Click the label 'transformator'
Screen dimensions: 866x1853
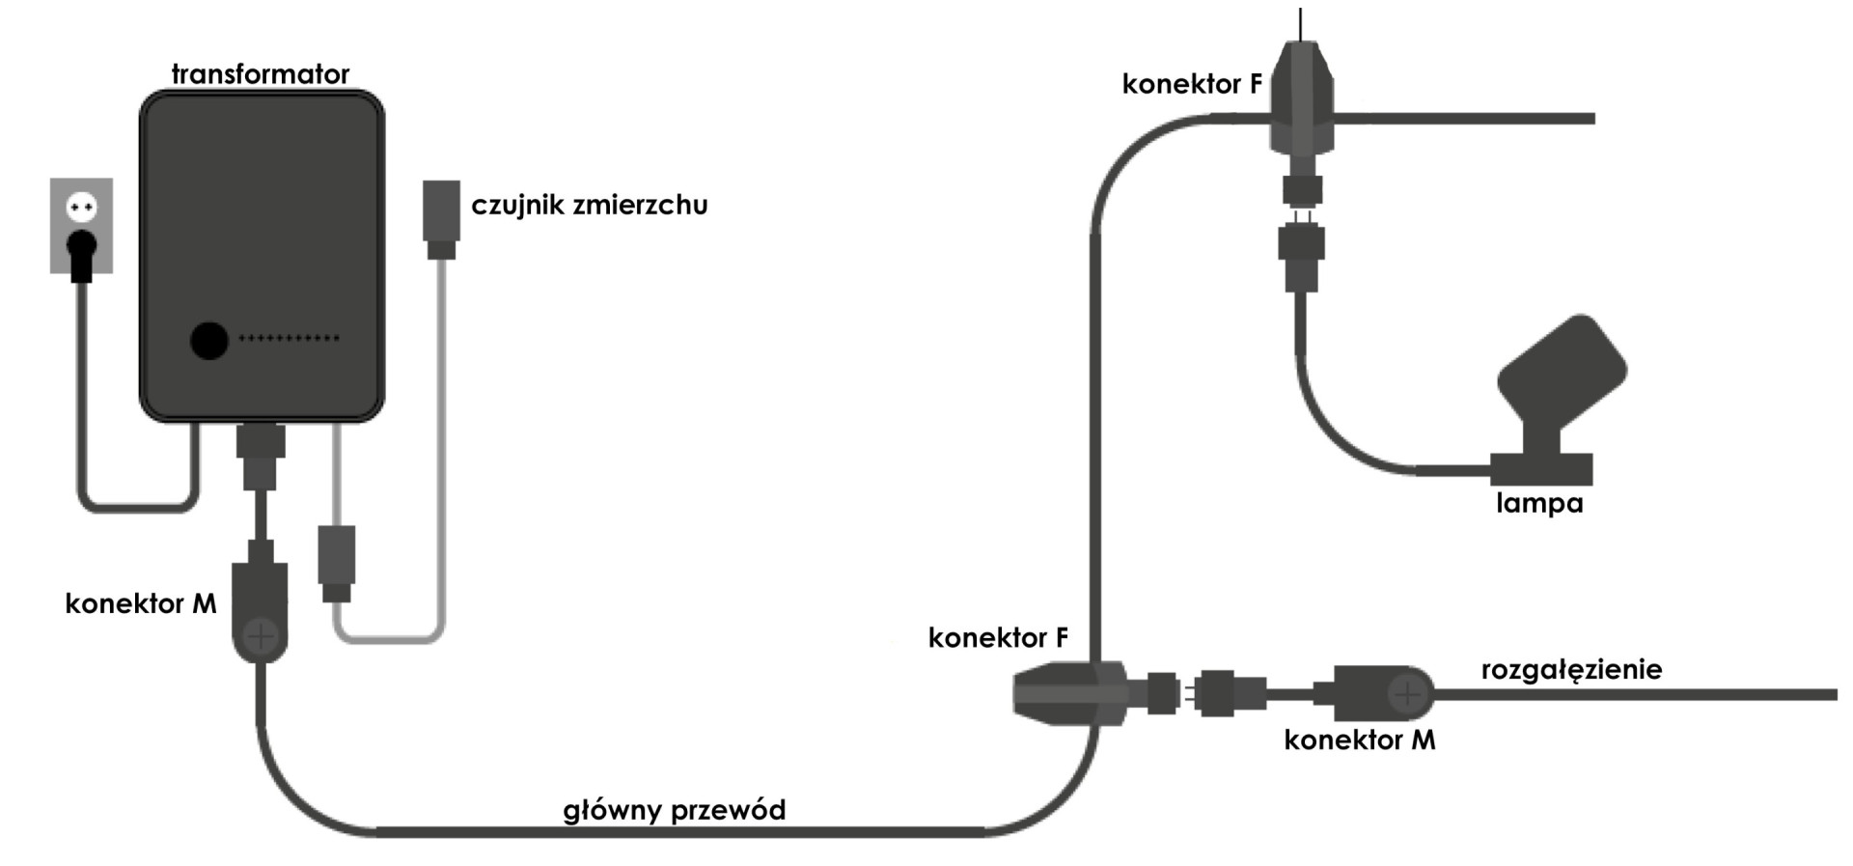click(260, 74)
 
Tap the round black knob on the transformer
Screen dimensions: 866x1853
click(208, 340)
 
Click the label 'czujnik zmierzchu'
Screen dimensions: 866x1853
click(589, 205)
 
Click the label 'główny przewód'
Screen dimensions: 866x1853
click(674, 809)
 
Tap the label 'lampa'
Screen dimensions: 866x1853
click(1539, 503)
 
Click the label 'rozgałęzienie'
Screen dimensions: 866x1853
click(1571, 669)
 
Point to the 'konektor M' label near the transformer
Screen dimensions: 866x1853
click(141, 603)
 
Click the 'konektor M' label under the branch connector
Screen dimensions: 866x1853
click(1359, 740)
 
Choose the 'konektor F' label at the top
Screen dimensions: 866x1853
click(1192, 84)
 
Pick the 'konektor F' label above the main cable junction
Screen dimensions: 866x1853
click(998, 637)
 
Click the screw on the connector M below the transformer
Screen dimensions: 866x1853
click(261, 636)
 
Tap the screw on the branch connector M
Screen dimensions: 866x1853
click(1407, 693)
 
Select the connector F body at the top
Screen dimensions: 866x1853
click(1302, 101)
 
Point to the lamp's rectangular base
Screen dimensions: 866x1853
click(1541, 470)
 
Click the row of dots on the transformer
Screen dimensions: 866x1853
click(289, 338)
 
